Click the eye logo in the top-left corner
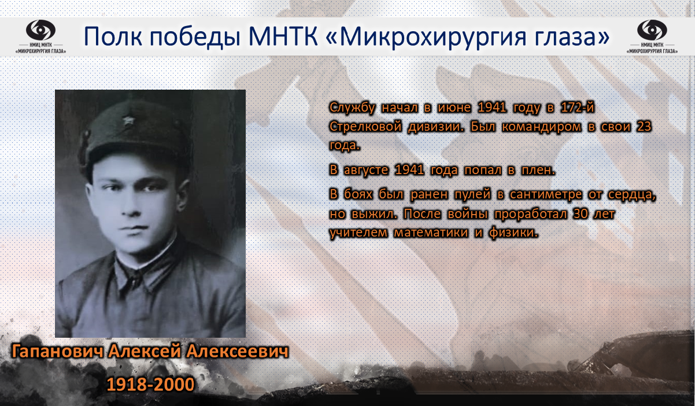click(40, 30)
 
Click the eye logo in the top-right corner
click(652, 30)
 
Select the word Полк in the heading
click(113, 36)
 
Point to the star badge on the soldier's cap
click(128, 120)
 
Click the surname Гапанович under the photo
click(57, 352)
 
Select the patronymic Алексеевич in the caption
click(238, 352)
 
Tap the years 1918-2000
click(150, 384)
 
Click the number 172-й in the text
click(578, 108)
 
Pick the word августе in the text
click(366, 171)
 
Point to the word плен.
click(538, 170)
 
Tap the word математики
click(431, 233)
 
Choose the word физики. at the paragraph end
click(513, 233)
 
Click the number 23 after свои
click(644, 127)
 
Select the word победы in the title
click(195, 36)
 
